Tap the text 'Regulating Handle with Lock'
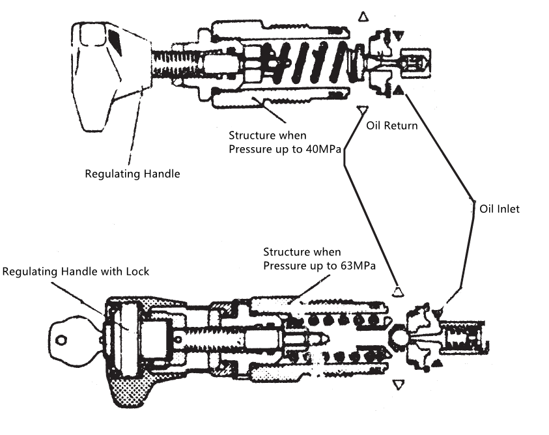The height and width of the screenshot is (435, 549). tap(76, 271)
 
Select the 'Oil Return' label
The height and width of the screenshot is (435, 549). tap(391, 126)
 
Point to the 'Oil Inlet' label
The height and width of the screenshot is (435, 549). tap(500, 210)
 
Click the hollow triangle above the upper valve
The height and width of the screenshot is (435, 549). tap(363, 15)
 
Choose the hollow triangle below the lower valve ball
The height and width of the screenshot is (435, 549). tap(398, 386)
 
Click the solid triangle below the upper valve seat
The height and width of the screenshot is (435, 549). tap(398, 91)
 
